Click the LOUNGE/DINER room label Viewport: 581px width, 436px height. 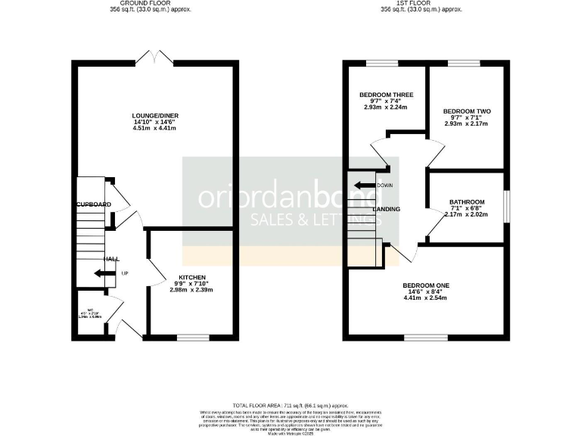[x=154, y=116]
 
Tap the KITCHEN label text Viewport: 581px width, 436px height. [x=192, y=277]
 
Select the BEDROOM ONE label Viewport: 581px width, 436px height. [x=426, y=285]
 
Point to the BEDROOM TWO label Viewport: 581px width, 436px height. [x=467, y=111]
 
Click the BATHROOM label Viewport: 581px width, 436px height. [x=466, y=202]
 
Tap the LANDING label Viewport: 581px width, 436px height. [x=387, y=209]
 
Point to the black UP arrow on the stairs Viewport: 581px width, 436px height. [x=100, y=273]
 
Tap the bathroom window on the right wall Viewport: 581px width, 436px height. [x=505, y=207]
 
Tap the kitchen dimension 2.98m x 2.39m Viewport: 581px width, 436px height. [x=192, y=291]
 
